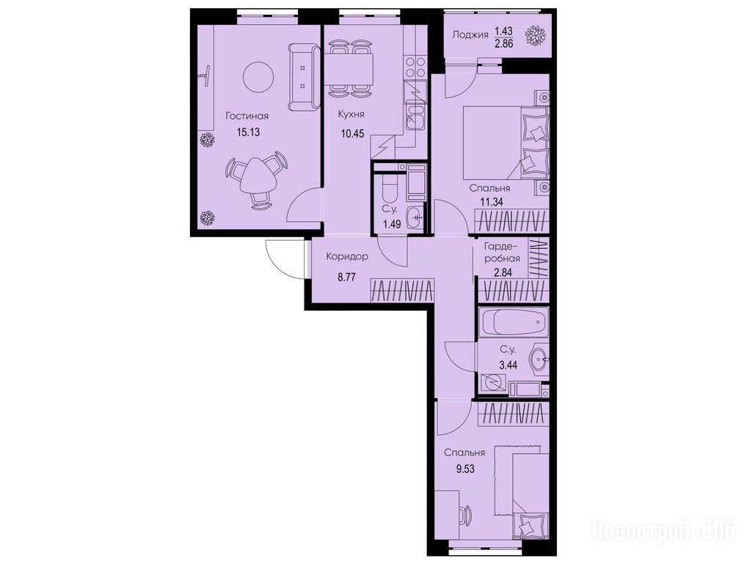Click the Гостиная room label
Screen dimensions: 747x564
coord(247,116)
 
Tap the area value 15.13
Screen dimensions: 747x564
coord(248,132)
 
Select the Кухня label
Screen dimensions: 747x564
coord(351,115)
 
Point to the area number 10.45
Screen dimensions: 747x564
coord(352,134)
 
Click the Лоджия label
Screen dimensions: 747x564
coord(470,35)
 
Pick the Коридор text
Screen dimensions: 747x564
coord(347,256)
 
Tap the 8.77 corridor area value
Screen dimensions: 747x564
coord(347,278)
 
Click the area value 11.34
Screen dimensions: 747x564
coord(491,202)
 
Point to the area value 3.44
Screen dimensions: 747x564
coord(508,366)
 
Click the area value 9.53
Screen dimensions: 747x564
coord(465,469)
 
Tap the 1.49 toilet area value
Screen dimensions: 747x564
coord(392,224)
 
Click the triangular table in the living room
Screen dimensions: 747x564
coord(257,175)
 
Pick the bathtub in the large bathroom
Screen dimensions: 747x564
coord(513,323)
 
